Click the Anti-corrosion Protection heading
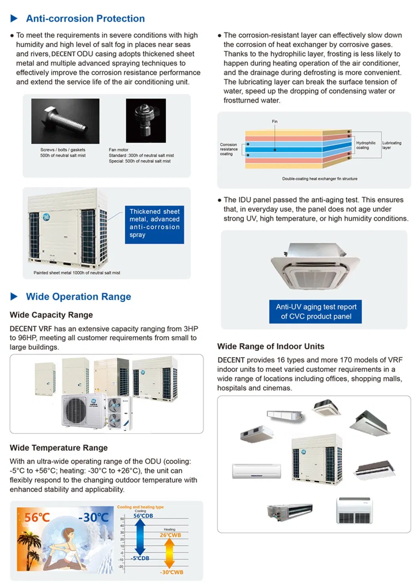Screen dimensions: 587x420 tap(85, 19)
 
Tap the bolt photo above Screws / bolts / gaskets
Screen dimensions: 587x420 tap(65, 121)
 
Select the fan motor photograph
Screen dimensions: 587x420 tap(146, 120)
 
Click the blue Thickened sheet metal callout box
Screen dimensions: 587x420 tap(154, 224)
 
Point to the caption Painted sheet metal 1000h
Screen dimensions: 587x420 tap(77, 273)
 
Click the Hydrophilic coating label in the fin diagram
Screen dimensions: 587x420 tap(366, 145)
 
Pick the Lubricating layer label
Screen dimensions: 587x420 tap(391, 145)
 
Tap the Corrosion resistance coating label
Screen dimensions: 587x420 tap(229, 149)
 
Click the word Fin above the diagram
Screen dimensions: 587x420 tap(275, 122)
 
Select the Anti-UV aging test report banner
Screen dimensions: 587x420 tap(316, 312)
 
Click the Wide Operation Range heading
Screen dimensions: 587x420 tap(78, 297)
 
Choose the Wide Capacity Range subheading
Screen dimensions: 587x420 tap(52, 315)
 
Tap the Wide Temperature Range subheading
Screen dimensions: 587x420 tap(59, 448)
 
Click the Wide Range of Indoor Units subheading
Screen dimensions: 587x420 tap(271, 347)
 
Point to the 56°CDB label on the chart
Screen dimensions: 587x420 tap(143, 516)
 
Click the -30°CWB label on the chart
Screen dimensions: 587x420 tap(172, 572)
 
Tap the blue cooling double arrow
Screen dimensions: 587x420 tap(140, 537)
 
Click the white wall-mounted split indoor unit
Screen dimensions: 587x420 tap(256, 471)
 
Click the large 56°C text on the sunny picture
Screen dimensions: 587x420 tap(37, 518)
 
